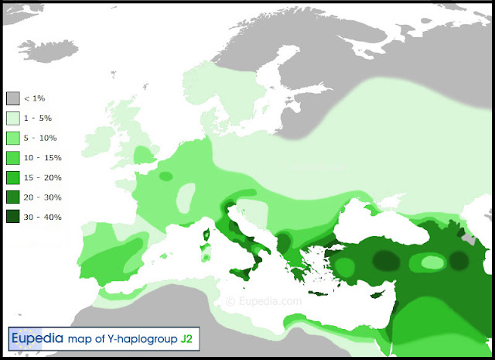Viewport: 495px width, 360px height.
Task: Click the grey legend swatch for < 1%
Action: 13,99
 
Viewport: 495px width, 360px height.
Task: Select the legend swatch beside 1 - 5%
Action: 13,118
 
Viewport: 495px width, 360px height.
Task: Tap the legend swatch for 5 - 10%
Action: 13,139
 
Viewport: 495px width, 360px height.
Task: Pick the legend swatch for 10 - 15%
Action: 13,158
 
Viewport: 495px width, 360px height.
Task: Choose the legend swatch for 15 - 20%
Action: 13,178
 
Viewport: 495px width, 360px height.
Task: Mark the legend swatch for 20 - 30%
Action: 13,197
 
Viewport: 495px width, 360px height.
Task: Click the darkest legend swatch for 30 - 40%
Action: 13,218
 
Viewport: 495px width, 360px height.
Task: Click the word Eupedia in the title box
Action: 37,339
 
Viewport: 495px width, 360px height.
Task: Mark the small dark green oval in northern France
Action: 166,177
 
